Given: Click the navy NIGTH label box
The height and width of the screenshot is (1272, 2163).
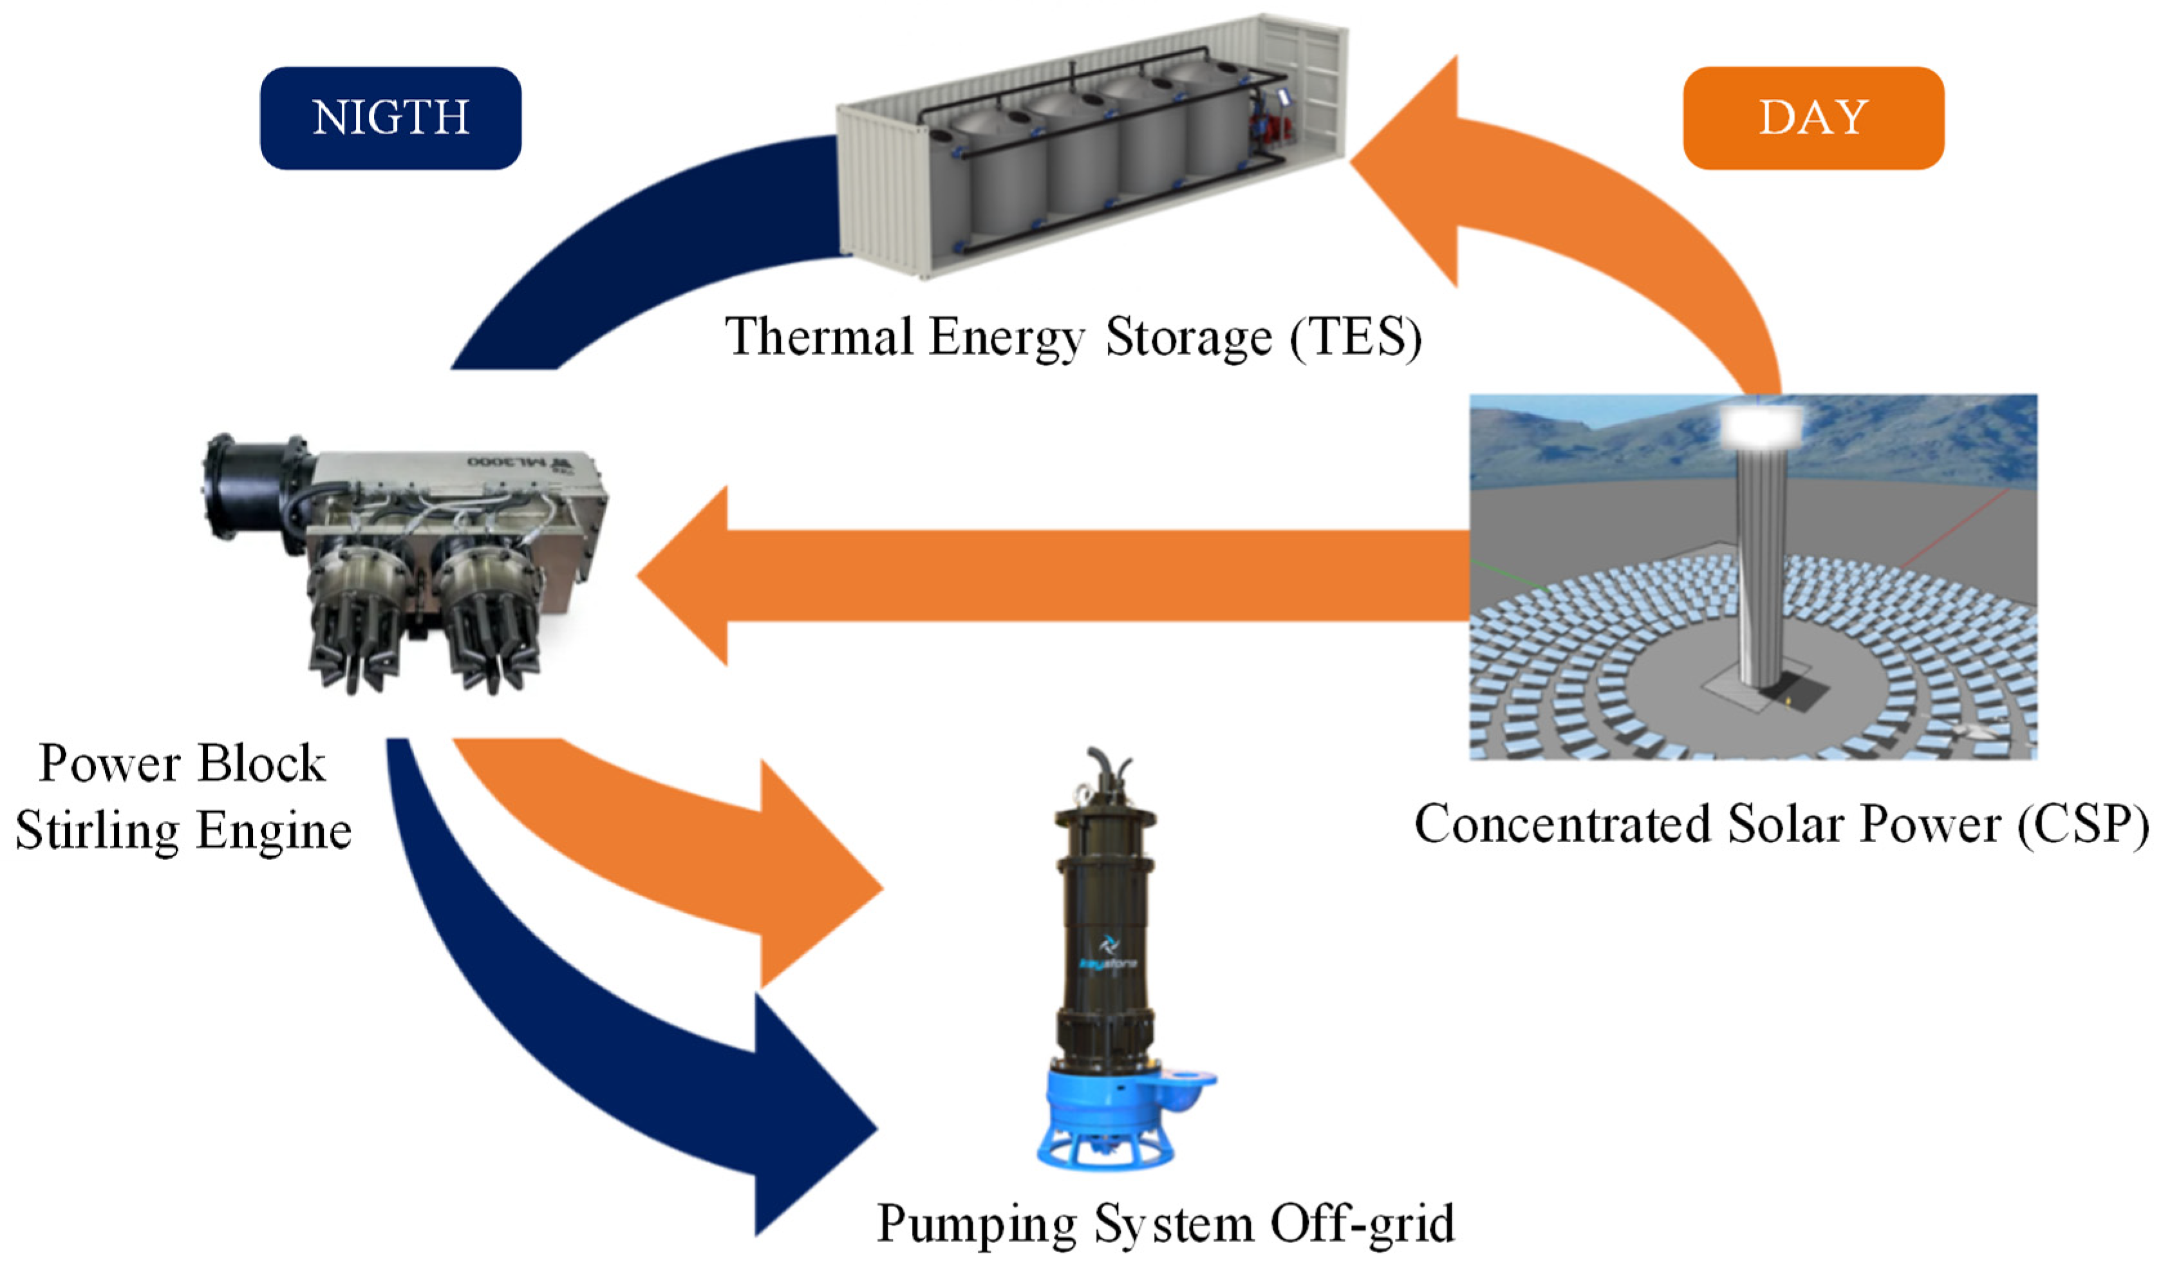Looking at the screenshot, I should pyautogui.click(x=391, y=118).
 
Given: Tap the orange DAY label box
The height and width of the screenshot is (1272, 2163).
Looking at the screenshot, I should pyautogui.click(x=1813, y=118).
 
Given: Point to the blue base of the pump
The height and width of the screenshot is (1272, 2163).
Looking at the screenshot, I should pyautogui.click(x=1107, y=1116).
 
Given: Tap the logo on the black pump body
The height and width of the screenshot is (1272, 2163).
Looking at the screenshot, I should pyautogui.click(x=1108, y=953).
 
